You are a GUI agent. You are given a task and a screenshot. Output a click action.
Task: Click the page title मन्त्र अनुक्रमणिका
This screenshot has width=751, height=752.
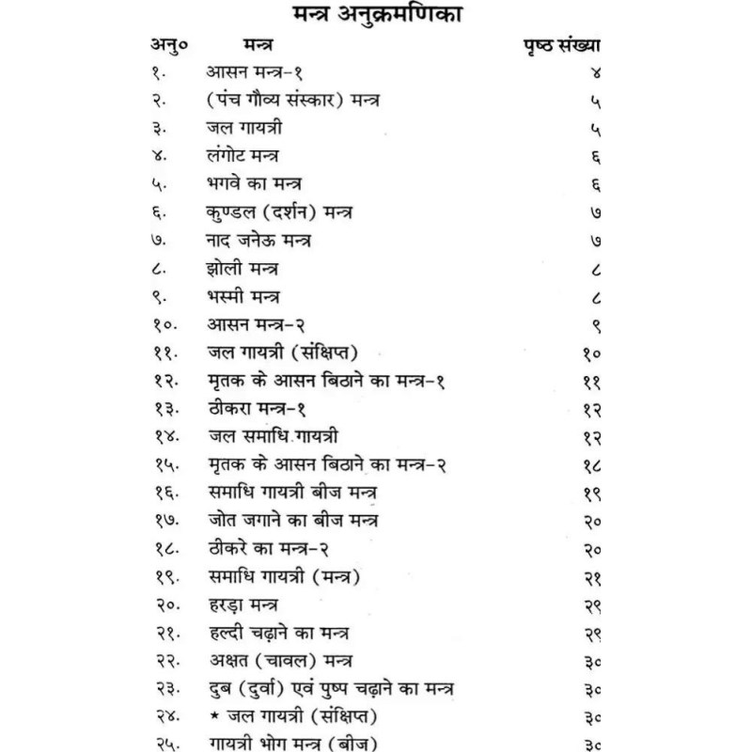(x=376, y=17)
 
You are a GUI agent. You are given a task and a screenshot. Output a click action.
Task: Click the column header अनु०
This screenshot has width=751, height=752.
(x=168, y=46)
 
